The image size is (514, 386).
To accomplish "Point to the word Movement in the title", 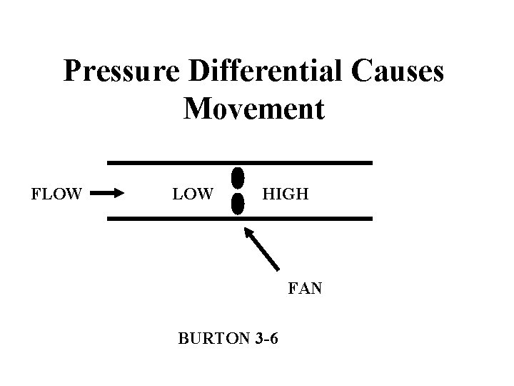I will pyautogui.click(x=254, y=109).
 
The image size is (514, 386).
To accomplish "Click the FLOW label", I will pyautogui.click(x=57, y=193).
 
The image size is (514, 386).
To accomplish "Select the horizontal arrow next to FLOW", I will pyautogui.click(x=108, y=192).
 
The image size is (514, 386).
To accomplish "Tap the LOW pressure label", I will pyautogui.click(x=193, y=193).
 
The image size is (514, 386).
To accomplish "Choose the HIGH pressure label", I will pyautogui.click(x=286, y=193).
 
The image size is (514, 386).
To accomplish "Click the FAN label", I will pyautogui.click(x=306, y=289).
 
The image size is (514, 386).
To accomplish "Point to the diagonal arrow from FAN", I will pyautogui.click(x=262, y=249).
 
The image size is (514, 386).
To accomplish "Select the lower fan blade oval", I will pyautogui.click(x=238, y=204).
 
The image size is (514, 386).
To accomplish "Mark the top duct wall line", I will pyautogui.click(x=240, y=162).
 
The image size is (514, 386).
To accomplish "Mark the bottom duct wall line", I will pyautogui.click(x=240, y=218).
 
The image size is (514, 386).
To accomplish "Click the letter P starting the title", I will pyautogui.click(x=71, y=71).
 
